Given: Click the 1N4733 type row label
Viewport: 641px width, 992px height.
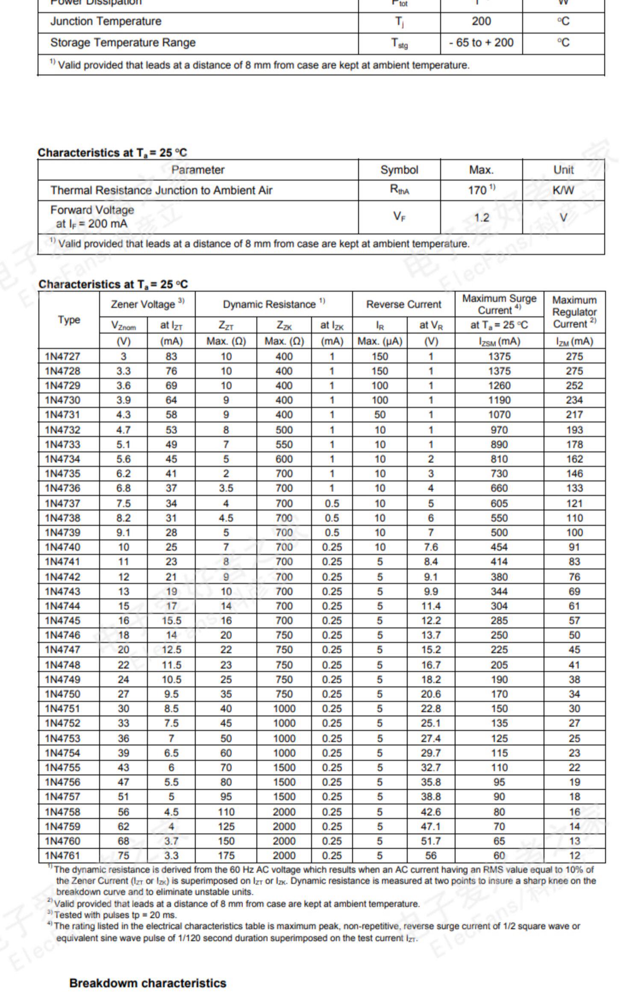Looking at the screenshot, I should (x=62, y=444).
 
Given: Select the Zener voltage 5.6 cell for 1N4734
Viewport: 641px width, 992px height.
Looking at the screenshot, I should (x=123, y=459).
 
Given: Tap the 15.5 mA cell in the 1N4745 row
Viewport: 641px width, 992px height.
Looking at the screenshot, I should (x=171, y=620).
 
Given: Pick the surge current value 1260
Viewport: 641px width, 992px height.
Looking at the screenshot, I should (x=499, y=385).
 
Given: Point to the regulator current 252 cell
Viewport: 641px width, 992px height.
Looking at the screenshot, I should (x=574, y=385).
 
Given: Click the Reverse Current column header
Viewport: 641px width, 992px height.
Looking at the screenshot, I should (x=403, y=304).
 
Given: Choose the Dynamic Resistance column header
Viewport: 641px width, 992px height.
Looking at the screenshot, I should (x=273, y=304).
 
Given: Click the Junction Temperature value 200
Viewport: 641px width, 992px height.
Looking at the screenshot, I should (x=481, y=21).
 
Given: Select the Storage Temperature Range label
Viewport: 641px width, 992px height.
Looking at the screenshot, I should (x=123, y=43).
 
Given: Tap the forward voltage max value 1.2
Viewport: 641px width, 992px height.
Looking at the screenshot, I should (x=481, y=217).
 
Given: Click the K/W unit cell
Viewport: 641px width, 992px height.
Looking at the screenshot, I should (x=563, y=190).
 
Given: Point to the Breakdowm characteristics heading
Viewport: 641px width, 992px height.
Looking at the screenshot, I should (x=147, y=983).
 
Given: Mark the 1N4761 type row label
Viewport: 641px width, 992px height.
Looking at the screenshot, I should (x=62, y=855).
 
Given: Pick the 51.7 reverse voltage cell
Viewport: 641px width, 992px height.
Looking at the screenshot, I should (x=430, y=841).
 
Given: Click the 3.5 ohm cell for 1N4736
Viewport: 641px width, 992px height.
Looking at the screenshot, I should (x=226, y=488).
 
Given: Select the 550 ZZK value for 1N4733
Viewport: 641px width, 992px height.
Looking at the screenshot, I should (x=284, y=444).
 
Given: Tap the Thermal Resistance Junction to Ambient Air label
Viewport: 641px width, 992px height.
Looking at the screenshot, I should (x=161, y=190).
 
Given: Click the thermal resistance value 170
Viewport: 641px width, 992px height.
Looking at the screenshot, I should (x=478, y=190).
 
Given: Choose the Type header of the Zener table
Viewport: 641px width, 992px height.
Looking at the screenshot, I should (x=69, y=320).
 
